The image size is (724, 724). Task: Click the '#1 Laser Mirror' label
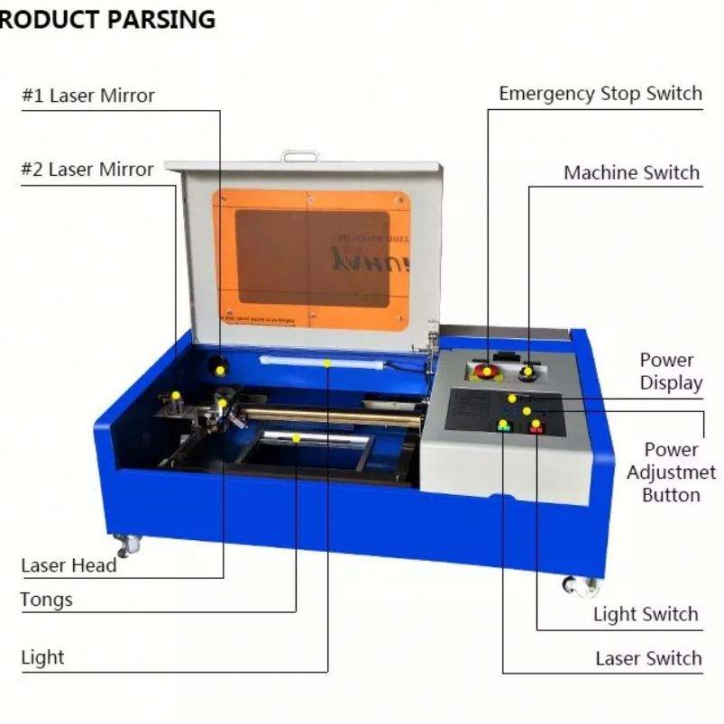(88, 96)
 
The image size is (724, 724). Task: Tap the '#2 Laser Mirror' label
(87, 169)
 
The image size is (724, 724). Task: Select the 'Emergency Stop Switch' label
(600, 94)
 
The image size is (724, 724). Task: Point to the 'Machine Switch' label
(631, 172)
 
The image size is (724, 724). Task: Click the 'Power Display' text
(671, 371)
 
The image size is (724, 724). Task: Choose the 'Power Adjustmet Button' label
(671, 472)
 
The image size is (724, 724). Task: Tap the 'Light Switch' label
(646, 614)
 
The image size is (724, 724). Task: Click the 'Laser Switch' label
(648, 658)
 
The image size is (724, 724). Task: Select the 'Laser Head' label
(69, 565)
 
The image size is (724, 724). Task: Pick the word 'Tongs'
(46, 600)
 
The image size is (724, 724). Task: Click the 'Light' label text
(43, 657)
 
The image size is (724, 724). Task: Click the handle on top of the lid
(299, 156)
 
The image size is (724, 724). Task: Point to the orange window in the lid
(311, 259)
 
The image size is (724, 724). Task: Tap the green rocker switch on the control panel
(503, 426)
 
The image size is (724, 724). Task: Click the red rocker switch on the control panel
(536, 426)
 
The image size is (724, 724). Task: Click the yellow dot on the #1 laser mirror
(219, 370)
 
